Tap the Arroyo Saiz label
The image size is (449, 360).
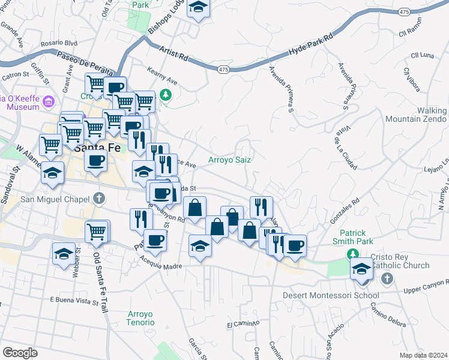(x=229, y=160)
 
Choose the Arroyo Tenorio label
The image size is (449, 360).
(x=140, y=319)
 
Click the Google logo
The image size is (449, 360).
(x=20, y=353)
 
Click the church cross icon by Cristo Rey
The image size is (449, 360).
(x=387, y=278)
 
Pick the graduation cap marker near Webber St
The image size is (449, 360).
(x=64, y=253)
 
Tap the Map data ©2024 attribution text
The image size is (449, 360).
(x=423, y=355)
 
